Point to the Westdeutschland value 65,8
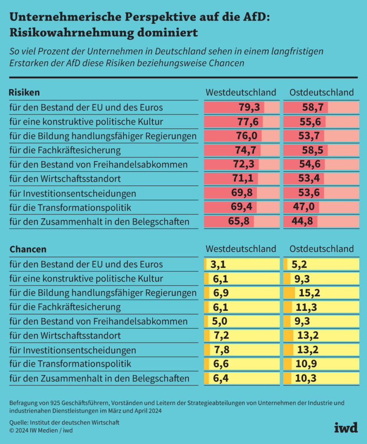point(239,222)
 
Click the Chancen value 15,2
point(309,293)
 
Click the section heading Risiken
point(24,92)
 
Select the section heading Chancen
point(28,249)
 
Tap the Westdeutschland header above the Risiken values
point(241,92)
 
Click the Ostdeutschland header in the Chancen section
point(321,249)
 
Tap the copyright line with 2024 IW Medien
point(41,430)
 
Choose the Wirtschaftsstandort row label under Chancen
point(65,336)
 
